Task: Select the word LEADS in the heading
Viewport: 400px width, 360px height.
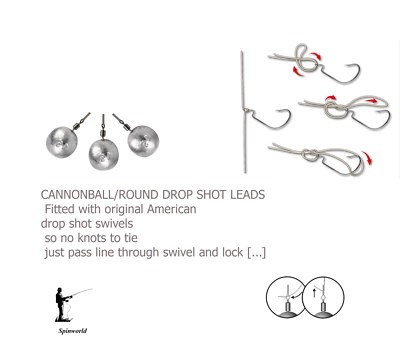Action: pyautogui.click(x=245, y=194)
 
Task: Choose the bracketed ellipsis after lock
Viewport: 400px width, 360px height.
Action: pyautogui.click(x=256, y=253)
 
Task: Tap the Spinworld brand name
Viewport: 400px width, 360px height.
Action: pyautogui.click(x=72, y=328)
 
